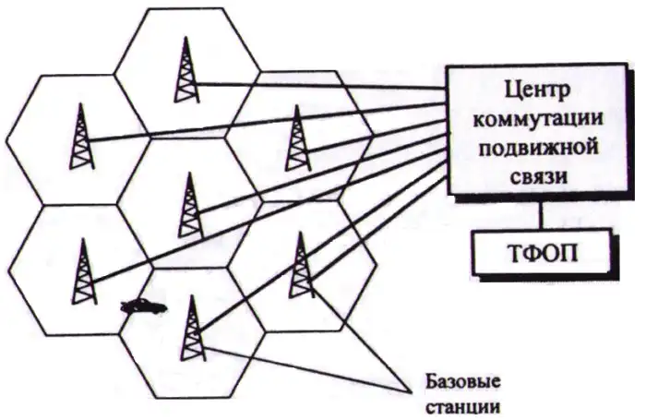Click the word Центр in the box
click(540, 92)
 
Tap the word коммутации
click(540, 119)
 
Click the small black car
click(143, 306)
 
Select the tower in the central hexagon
click(188, 205)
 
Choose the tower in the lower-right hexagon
click(299, 263)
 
